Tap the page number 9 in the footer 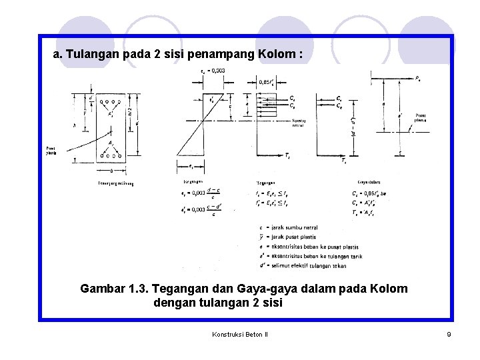(449, 334)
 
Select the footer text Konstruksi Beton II (239, 334)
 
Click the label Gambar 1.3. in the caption (113, 289)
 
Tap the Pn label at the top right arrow (417, 78)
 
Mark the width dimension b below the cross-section (111, 170)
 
